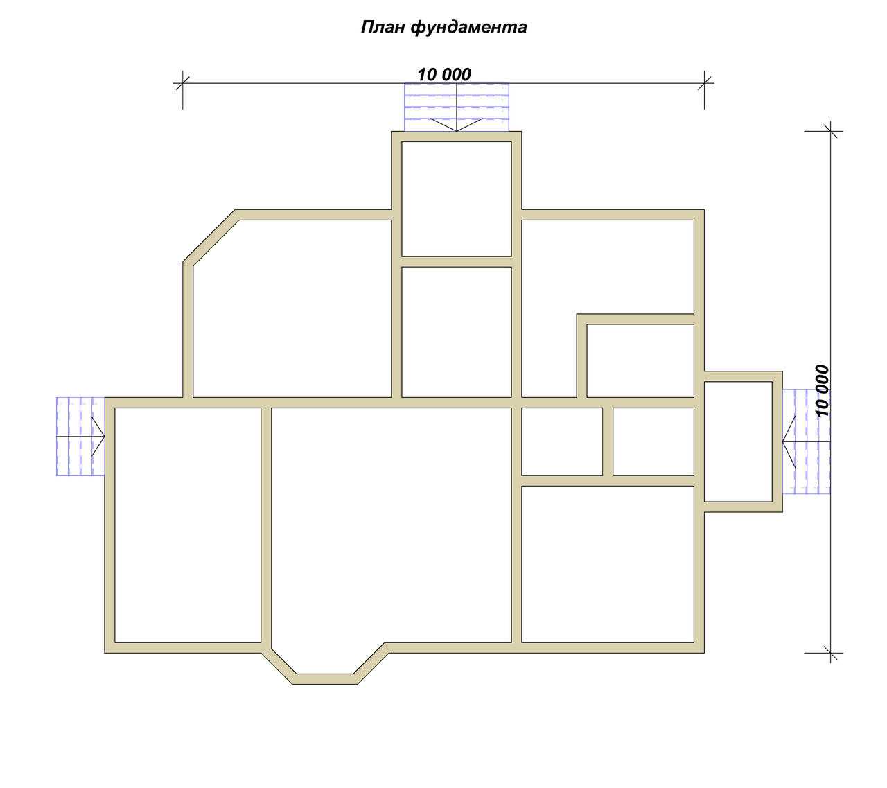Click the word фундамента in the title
coord(469,28)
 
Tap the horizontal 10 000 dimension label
coord(444,74)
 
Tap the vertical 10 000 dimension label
coord(822,391)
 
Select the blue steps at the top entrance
coord(456,107)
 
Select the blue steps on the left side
coord(80,436)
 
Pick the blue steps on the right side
coord(806,441)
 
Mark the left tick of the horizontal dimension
coord(182,82)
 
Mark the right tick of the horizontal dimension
coord(704,82)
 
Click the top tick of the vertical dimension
coord(830,131)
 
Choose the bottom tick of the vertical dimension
coord(830,653)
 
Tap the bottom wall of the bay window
coord(325,679)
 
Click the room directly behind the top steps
coord(456,199)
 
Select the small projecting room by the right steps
coord(738,441)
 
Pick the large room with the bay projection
coord(391,525)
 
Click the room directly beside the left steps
coord(188,525)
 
